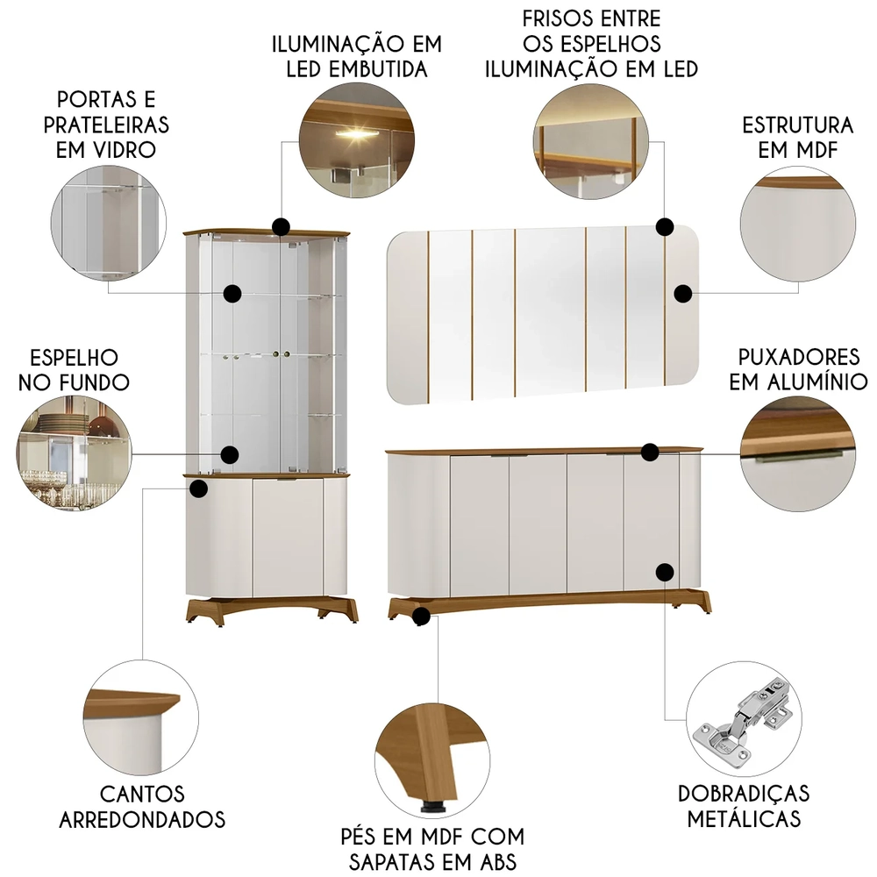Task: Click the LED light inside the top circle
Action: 355,132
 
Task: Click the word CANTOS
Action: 142,794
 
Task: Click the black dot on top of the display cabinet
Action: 281,228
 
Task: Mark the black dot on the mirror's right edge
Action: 683,294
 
